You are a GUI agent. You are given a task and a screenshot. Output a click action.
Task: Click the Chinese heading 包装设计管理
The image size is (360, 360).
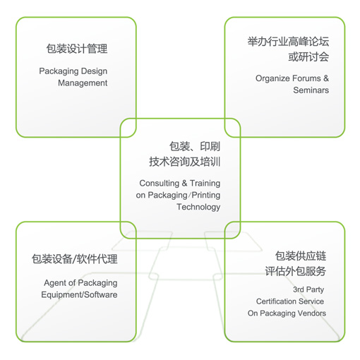[x=77, y=49]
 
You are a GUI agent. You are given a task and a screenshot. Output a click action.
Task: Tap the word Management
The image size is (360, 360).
[x=83, y=83]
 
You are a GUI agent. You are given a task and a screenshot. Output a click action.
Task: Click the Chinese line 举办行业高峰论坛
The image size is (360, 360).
[x=288, y=42]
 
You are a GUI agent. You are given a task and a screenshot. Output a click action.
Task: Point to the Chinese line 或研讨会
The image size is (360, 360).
[x=308, y=57]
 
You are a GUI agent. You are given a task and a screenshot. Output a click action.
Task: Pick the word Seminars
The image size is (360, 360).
[x=311, y=90]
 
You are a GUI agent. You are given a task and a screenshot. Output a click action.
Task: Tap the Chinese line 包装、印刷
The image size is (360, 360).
[x=195, y=146]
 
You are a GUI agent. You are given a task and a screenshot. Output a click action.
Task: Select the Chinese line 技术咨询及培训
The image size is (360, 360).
[x=185, y=162]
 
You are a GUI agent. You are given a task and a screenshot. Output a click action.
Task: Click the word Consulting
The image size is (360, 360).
[x=160, y=184]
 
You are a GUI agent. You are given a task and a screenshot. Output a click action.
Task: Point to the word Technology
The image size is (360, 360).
[x=198, y=207]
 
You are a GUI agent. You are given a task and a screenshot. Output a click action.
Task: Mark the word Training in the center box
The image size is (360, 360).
[x=205, y=184]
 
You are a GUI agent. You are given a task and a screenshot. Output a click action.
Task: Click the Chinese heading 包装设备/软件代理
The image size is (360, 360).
[x=75, y=259]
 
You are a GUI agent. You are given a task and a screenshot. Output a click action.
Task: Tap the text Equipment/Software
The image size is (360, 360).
[x=79, y=295]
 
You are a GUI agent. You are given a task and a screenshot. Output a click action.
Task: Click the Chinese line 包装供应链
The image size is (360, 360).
[x=301, y=256]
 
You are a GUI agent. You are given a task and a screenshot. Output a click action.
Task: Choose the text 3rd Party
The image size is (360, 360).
[x=308, y=289]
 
